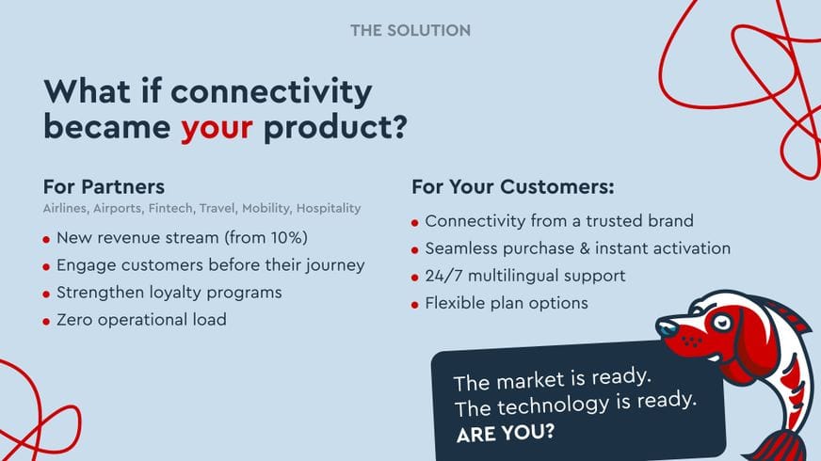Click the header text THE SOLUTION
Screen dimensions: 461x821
pyautogui.click(x=410, y=30)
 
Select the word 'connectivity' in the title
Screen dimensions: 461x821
pyautogui.click(x=271, y=92)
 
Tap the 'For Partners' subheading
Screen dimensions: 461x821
pyautogui.click(x=104, y=185)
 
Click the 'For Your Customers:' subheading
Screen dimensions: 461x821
pyautogui.click(x=512, y=186)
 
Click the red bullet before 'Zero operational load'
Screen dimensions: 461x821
pyautogui.click(x=47, y=321)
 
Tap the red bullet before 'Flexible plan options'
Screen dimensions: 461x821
pyautogui.click(x=415, y=305)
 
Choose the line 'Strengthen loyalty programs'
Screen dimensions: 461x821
pyautogui.click(x=169, y=293)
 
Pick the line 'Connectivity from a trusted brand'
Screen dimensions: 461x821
pyautogui.click(x=559, y=221)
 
